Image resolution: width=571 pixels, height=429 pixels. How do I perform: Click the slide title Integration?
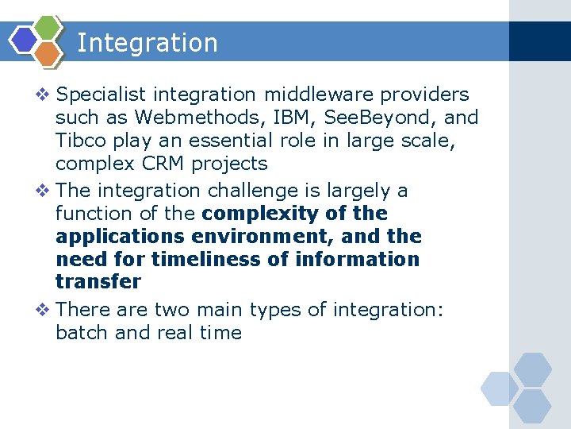148,43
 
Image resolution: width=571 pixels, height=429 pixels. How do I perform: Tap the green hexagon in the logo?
48,28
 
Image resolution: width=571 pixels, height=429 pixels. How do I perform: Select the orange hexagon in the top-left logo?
47,52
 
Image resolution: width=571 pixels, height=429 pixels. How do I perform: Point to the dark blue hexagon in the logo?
25,40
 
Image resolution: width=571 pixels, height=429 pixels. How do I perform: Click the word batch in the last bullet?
82,332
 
